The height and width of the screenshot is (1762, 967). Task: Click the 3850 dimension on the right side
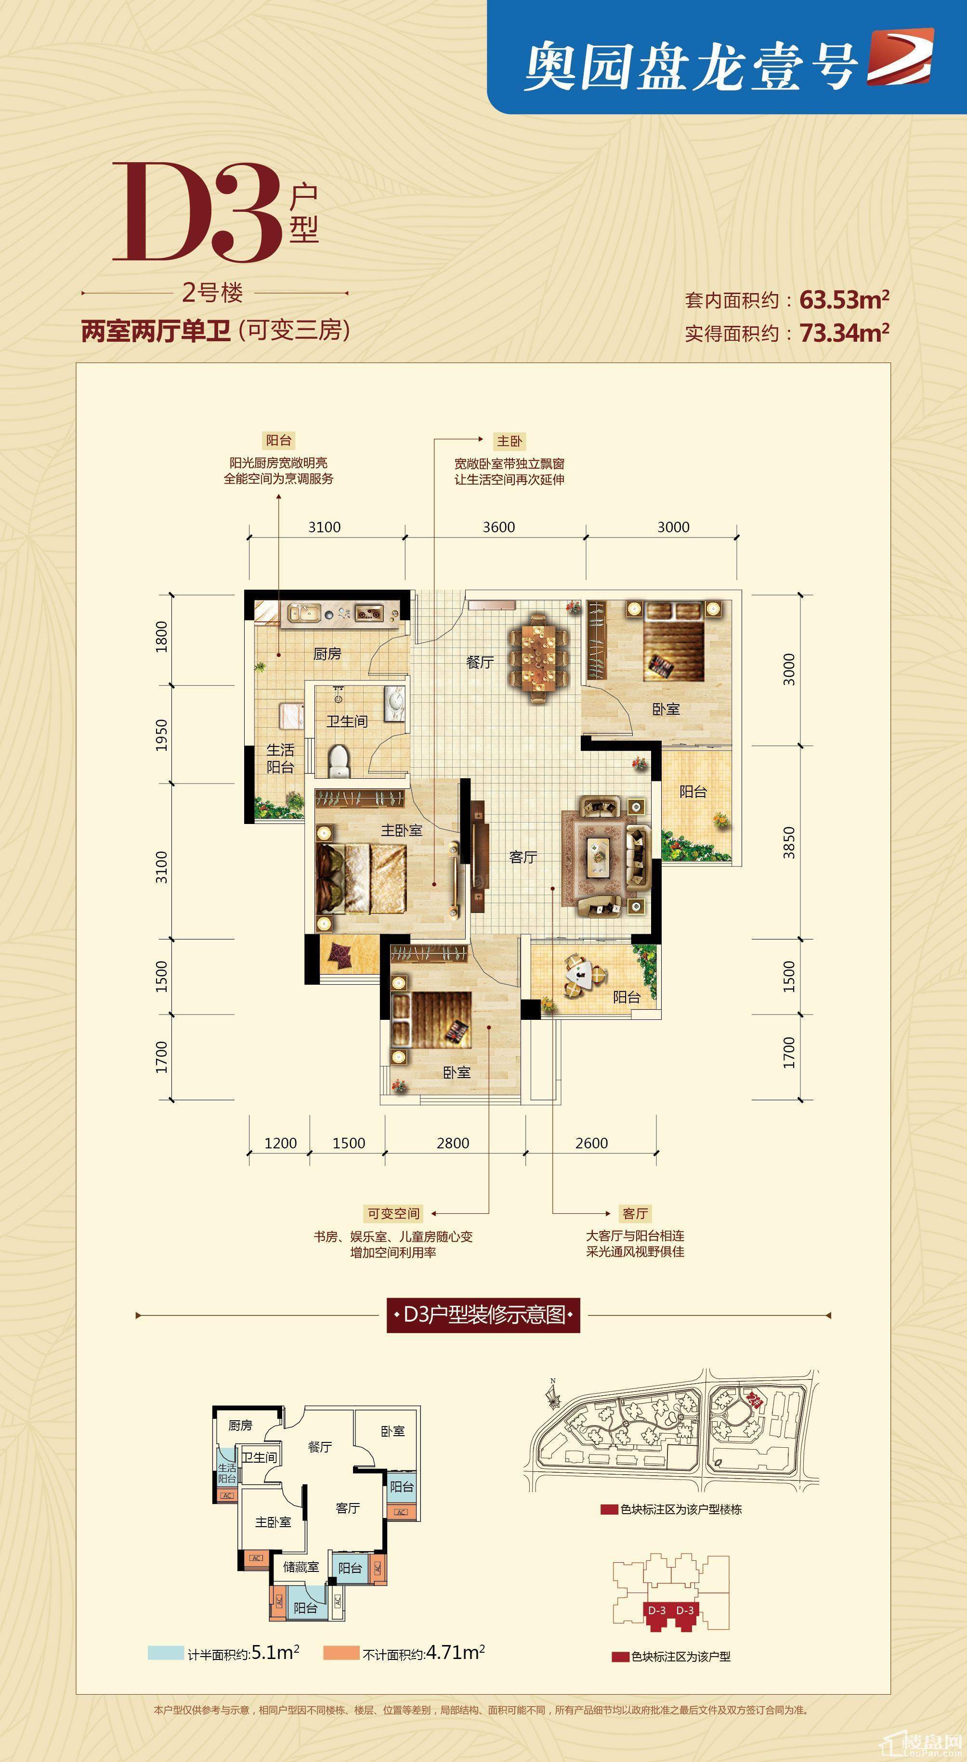[789, 843]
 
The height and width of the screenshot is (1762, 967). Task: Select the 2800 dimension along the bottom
[453, 1143]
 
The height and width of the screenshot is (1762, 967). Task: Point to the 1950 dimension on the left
[161, 734]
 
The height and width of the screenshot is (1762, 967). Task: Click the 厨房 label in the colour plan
[327, 654]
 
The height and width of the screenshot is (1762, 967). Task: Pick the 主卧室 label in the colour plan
[402, 830]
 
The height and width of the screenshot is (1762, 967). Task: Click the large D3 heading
[198, 213]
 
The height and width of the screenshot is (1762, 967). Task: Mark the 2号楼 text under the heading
[213, 293]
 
